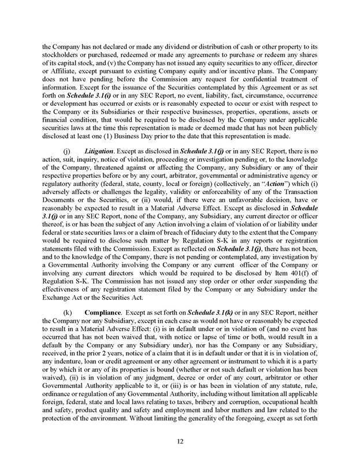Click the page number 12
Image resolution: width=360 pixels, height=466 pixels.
point(180,443)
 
